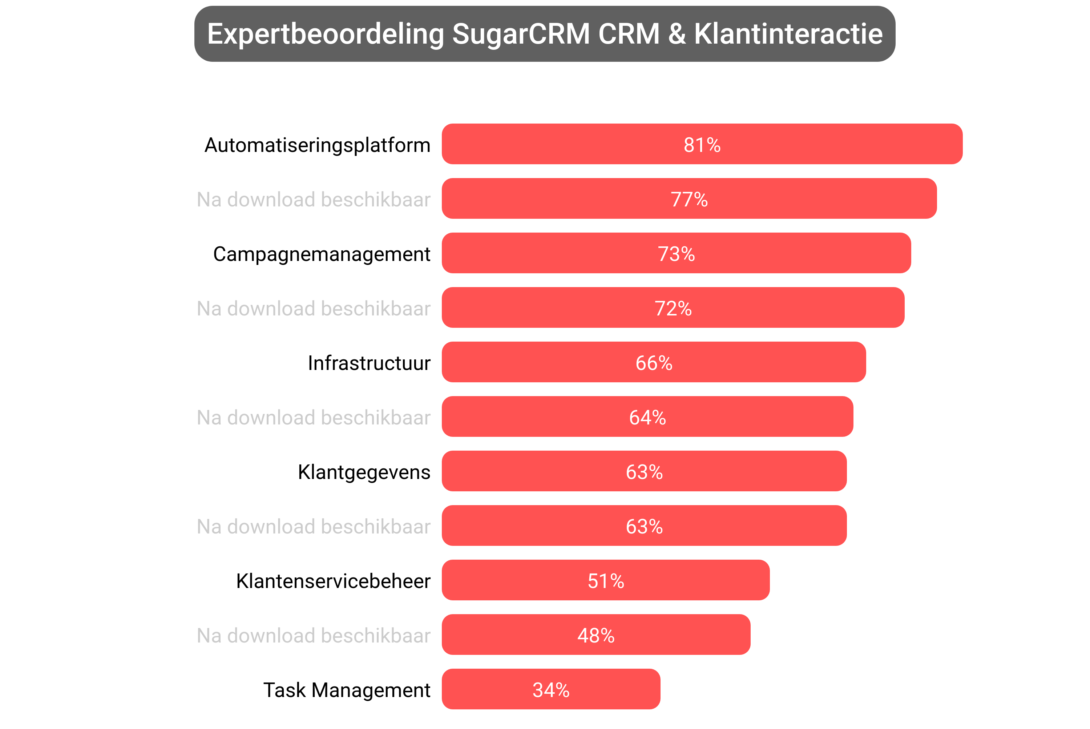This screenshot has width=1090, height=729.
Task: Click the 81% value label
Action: pyautogui.click(x=702, y=145)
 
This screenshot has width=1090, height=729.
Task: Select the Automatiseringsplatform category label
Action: pyautogui.click(x=318, y=145)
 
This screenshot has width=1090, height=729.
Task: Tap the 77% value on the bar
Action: pyautogui.click(x=689, y=200)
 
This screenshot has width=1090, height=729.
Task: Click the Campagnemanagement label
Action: pyautogui.click(x=322, y=254)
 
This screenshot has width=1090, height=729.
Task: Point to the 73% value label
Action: pyautogui.click(x=676, y=254)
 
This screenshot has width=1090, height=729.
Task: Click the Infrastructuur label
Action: pyautogui.click(x=369, y=363)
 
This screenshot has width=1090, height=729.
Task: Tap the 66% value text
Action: pyautogui.click(x=654, y=363)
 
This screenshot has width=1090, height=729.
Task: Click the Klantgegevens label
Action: pyautogui.click(x=364, y=472)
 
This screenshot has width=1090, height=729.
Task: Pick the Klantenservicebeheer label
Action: pyautogui.click(x=333, y=581)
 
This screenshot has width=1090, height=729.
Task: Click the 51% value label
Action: pyautogui.click(x=606, y=581)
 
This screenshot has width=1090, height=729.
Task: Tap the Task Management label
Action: pyautogui.click(x=347, y=690)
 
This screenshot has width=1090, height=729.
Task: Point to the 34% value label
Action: pyautogui.click(x=551, y=690)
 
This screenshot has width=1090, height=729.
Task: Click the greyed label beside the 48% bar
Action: pyautogui.click(x=314, y=636)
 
